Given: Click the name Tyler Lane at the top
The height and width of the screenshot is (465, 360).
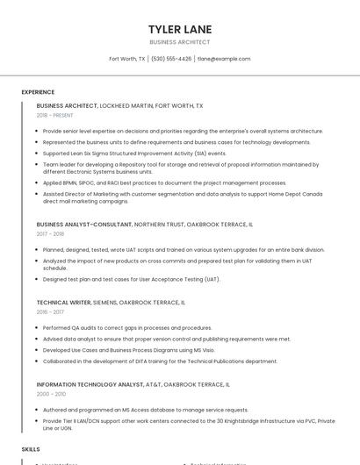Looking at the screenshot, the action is click(180, 29).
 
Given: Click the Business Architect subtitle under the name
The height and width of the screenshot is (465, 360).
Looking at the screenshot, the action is click(180, 42).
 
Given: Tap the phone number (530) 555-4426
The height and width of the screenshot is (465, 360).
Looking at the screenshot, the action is click(171, 59).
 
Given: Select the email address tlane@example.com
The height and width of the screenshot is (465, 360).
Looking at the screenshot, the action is click(224, 59).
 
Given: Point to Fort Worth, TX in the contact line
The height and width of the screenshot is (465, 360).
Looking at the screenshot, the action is click(127, 59).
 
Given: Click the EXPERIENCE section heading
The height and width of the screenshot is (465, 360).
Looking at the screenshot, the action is click(38, 92).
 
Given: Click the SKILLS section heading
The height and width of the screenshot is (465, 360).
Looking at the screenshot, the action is click(31, 448).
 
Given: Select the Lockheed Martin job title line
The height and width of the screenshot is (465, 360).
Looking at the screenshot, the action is click(119, 105).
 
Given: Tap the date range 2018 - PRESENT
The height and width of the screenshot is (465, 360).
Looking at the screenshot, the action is click(55, 115).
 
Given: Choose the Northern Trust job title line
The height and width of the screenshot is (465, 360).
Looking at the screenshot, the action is click(145, 225).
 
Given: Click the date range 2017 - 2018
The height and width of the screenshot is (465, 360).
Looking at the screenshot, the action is click(50, 234).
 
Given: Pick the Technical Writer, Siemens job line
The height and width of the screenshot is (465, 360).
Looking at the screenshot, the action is click(111, 303).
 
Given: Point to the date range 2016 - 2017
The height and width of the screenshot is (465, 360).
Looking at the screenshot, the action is click(50, 312).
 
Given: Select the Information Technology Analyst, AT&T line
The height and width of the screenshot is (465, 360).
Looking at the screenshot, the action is click(133, 384).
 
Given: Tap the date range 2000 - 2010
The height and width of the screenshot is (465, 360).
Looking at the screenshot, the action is click(50, 394).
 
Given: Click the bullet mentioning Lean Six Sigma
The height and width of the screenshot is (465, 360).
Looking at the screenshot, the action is click(134, 153).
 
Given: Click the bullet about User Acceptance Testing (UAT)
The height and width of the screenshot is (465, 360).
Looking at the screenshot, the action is click(132, 279).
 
